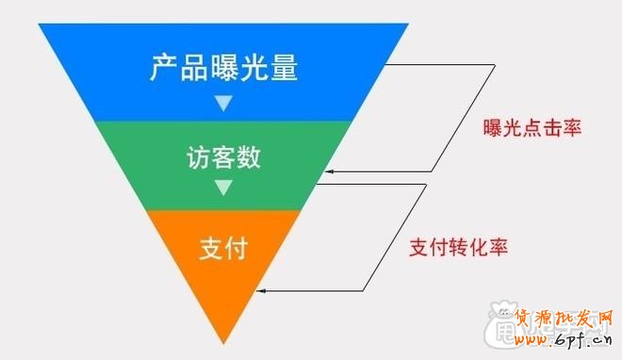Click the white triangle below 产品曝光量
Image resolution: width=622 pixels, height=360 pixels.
pos(223,102)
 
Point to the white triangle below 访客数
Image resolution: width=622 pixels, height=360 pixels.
pos(222,188)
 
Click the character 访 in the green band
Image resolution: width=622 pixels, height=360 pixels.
pos(196,157)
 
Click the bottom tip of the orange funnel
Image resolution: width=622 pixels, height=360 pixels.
pos(223,342)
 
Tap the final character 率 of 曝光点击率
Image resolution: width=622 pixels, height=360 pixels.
pos(570,128)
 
